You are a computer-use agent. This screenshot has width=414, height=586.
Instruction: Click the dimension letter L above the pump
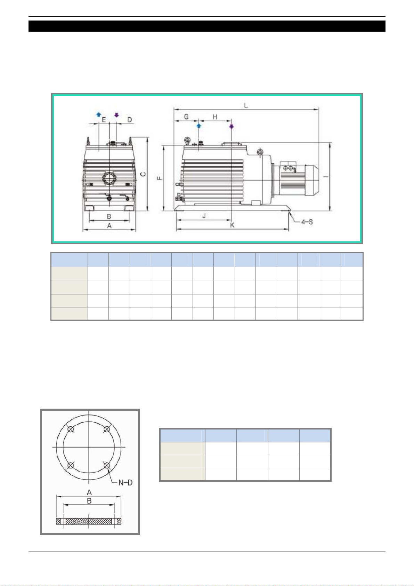pyautogui.click(x=246, y=105)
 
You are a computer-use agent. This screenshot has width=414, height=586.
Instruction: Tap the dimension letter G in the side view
pyautogui.click(x=186, y=117)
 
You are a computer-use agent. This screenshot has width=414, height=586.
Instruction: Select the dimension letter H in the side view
pyautogui.click(x=215, y=117)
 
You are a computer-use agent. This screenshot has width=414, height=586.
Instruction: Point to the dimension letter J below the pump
pyautogui.click(x=204, y=216)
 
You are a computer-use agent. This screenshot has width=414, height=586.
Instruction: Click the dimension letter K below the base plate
pyautogui.click(x=232, y=225)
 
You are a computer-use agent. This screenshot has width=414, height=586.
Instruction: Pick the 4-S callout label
pyautogui.click(x=307, y=222)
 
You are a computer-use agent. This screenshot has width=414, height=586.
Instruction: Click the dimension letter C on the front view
pyautogui.click(x=143, y=174)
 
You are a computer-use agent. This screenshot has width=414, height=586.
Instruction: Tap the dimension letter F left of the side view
pyautogui.click(x=159, y=178)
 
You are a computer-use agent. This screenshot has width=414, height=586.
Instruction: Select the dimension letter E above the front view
pyautogui.click(x=104, y=120)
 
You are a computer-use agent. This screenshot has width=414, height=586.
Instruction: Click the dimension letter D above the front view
pyautogui.click(x=130, y=120)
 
